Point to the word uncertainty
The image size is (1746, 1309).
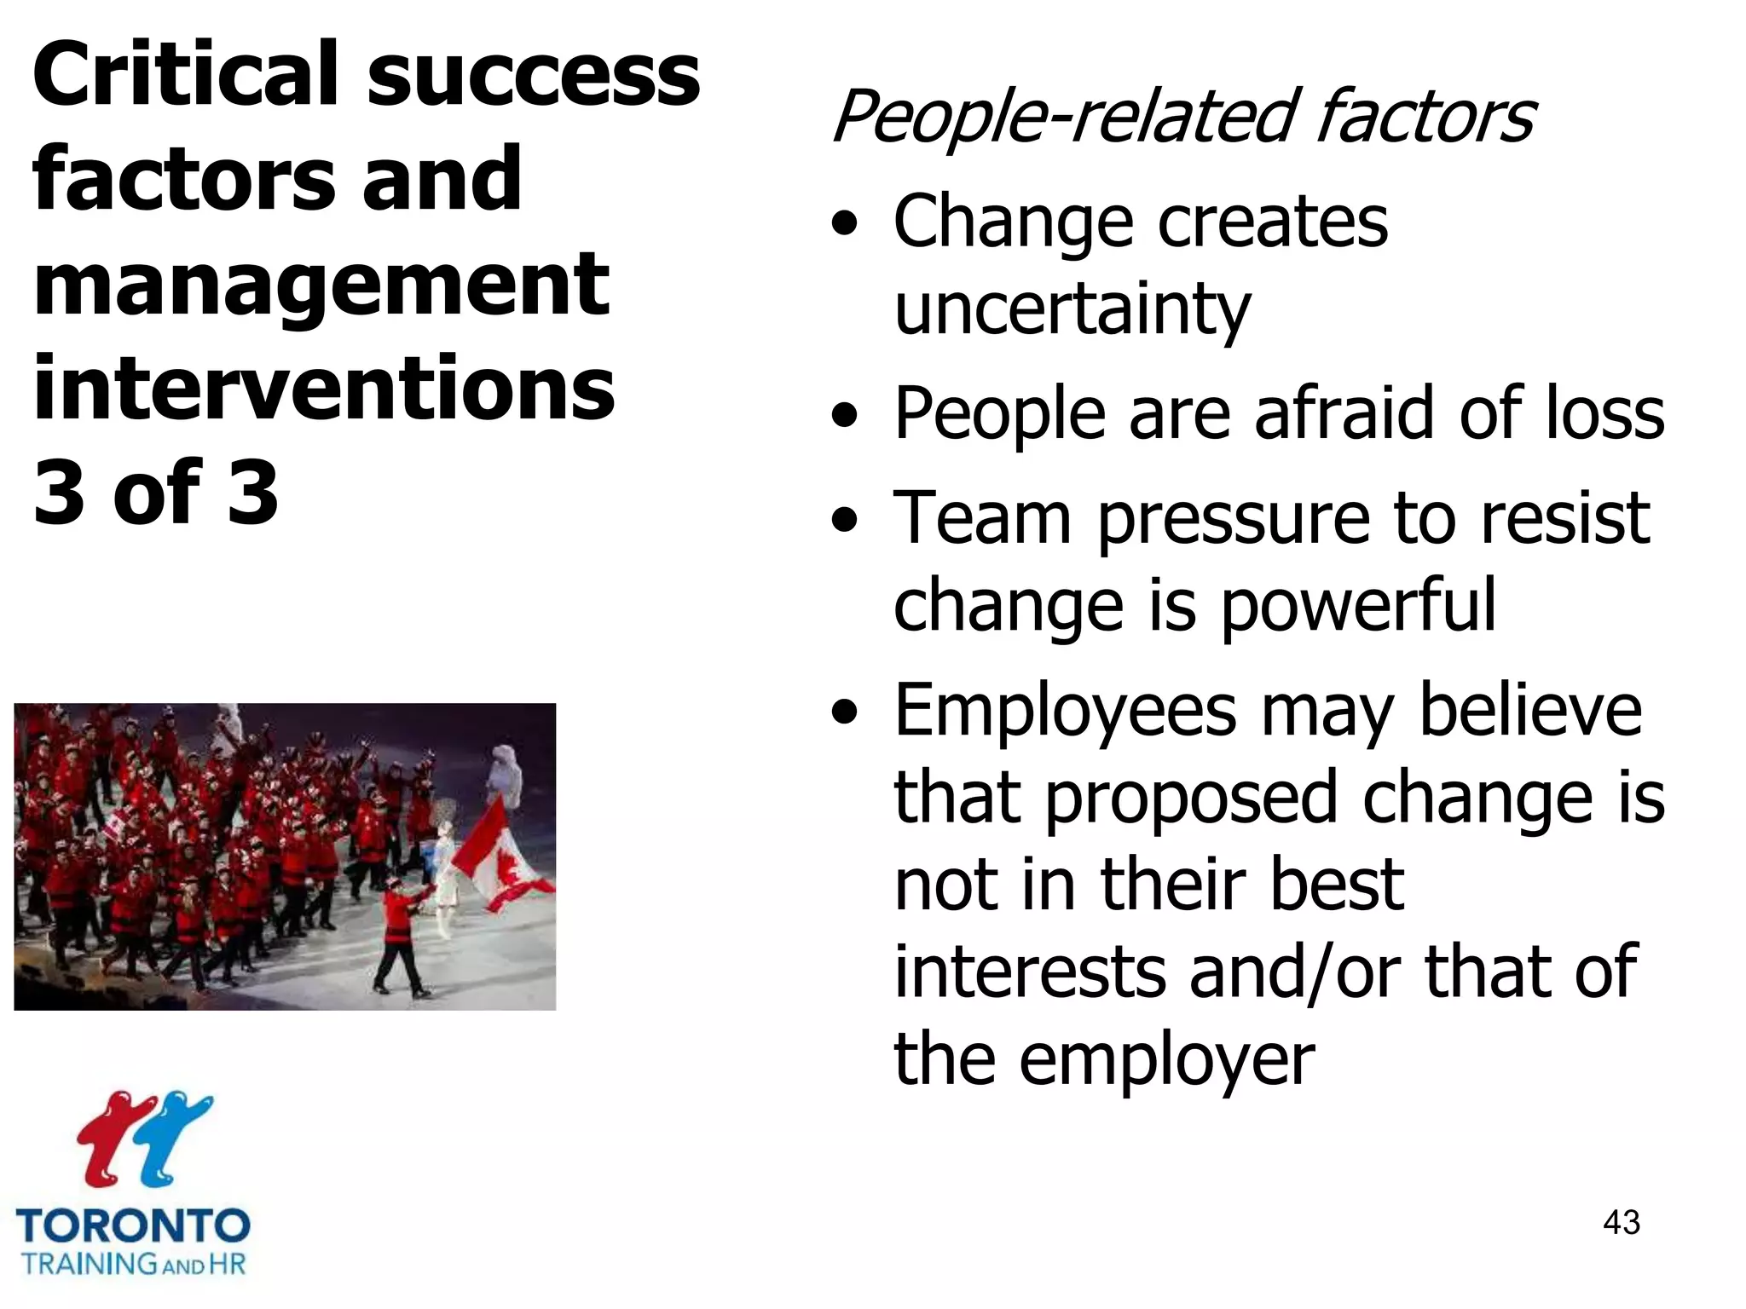click(x=1072, y=309)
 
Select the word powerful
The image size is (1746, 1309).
click(x=1358, y=606)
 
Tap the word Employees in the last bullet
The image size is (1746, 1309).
click(x=1065, y=712)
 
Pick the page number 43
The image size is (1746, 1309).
click(x=1621, y=1222)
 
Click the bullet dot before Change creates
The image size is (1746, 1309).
click(x=844, y=225)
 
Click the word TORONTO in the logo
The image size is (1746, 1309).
click(x=133, y=1226)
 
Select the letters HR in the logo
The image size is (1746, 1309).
click(x=227, y=1264)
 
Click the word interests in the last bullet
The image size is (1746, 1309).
click(x=1029, y=972)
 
